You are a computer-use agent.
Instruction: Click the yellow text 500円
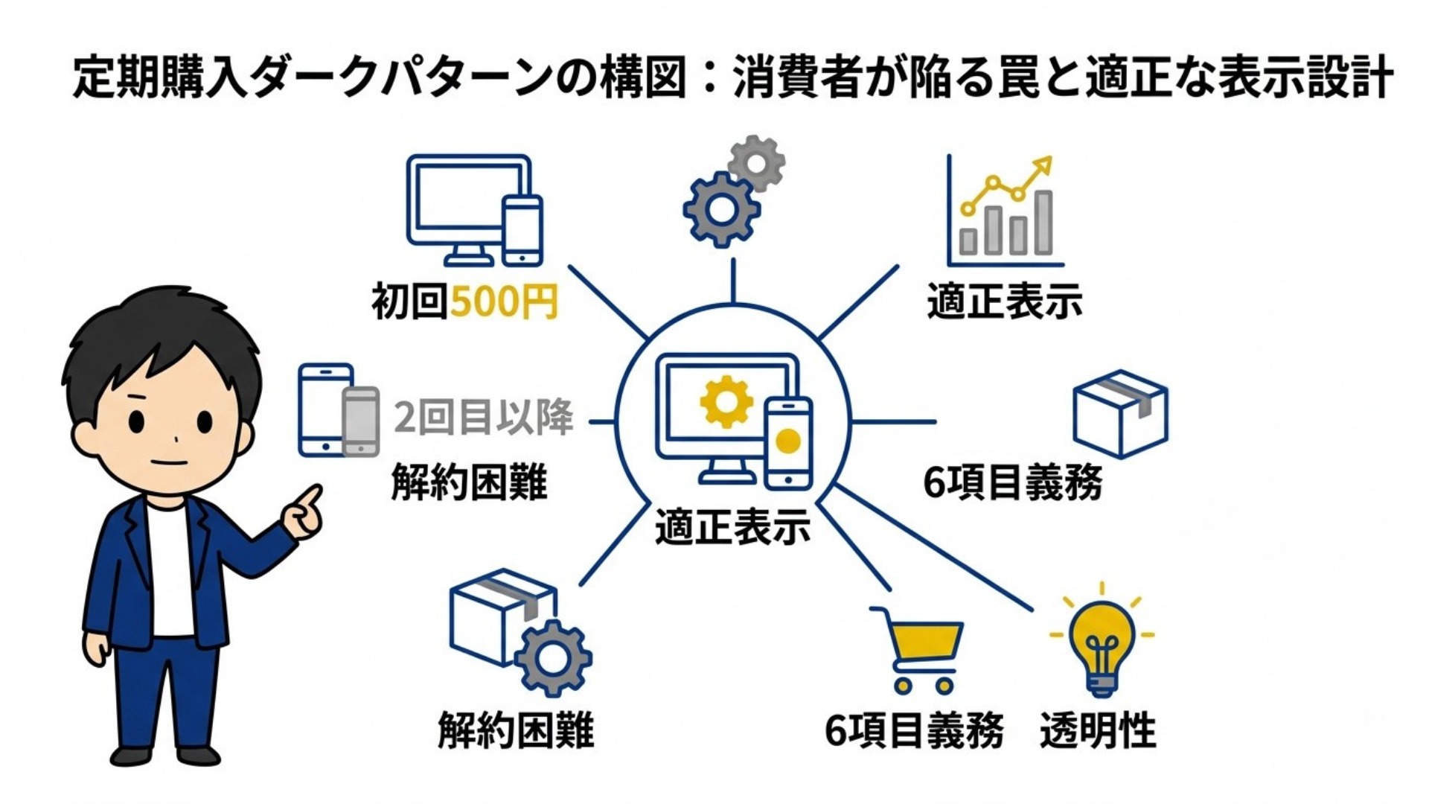pos(504,301)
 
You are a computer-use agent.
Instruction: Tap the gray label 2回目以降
pos(484,417)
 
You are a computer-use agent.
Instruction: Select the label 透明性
pos(1098,730)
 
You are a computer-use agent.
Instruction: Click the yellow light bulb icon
pos(1102,644)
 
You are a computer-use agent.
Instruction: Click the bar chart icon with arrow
pos(1005,212)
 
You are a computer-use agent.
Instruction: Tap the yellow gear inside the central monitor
pos(726,402)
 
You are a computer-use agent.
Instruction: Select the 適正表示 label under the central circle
pos(732,528)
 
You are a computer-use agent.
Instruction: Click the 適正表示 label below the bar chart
pos(1005,301)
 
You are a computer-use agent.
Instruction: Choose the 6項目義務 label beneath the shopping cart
pos(914,730)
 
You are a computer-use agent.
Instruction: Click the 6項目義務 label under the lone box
pos(1012,482)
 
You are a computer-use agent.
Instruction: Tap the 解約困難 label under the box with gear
pos(516,730)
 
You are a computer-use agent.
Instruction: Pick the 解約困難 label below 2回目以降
pos(469,482)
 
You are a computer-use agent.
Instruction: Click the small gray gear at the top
pos(757,162)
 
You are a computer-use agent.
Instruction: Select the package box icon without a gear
pos(1120,413)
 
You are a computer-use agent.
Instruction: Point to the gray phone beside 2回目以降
pos(361,421)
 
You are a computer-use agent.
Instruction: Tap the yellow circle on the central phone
pos(787,441)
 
